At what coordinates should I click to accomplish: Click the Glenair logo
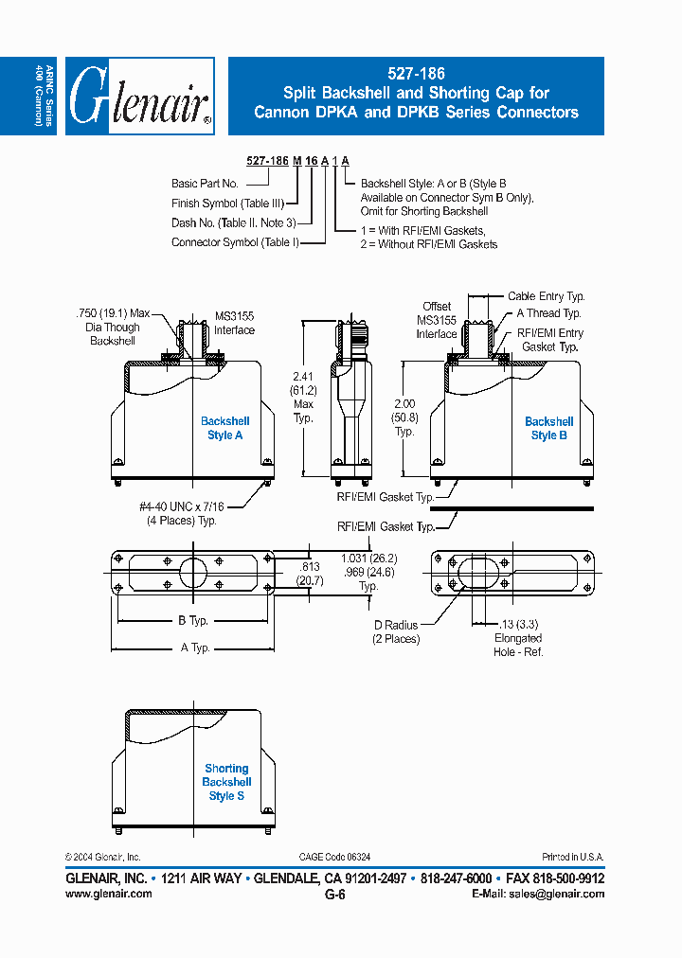pos(140,96)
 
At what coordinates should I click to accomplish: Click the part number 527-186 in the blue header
pos(416,73)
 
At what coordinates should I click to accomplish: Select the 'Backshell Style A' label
pos(225,428)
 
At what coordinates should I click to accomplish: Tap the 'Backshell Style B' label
pos(548,428)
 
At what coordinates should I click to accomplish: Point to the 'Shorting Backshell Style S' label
pos(226,782)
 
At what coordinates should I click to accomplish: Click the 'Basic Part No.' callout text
pos(205,183)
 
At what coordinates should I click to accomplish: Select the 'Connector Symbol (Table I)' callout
pos(235,242)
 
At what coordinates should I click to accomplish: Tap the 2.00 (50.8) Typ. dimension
pos(404,417)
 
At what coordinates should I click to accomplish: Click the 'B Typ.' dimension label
pos(193,621)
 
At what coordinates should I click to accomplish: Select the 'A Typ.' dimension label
pos(193,648)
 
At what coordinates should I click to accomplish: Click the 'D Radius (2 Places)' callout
pos(394,632)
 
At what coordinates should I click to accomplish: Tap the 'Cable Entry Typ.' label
pos(546,296)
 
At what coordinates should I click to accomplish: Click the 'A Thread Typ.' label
pos(548,313)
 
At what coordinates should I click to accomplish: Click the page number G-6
pos(334,894)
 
